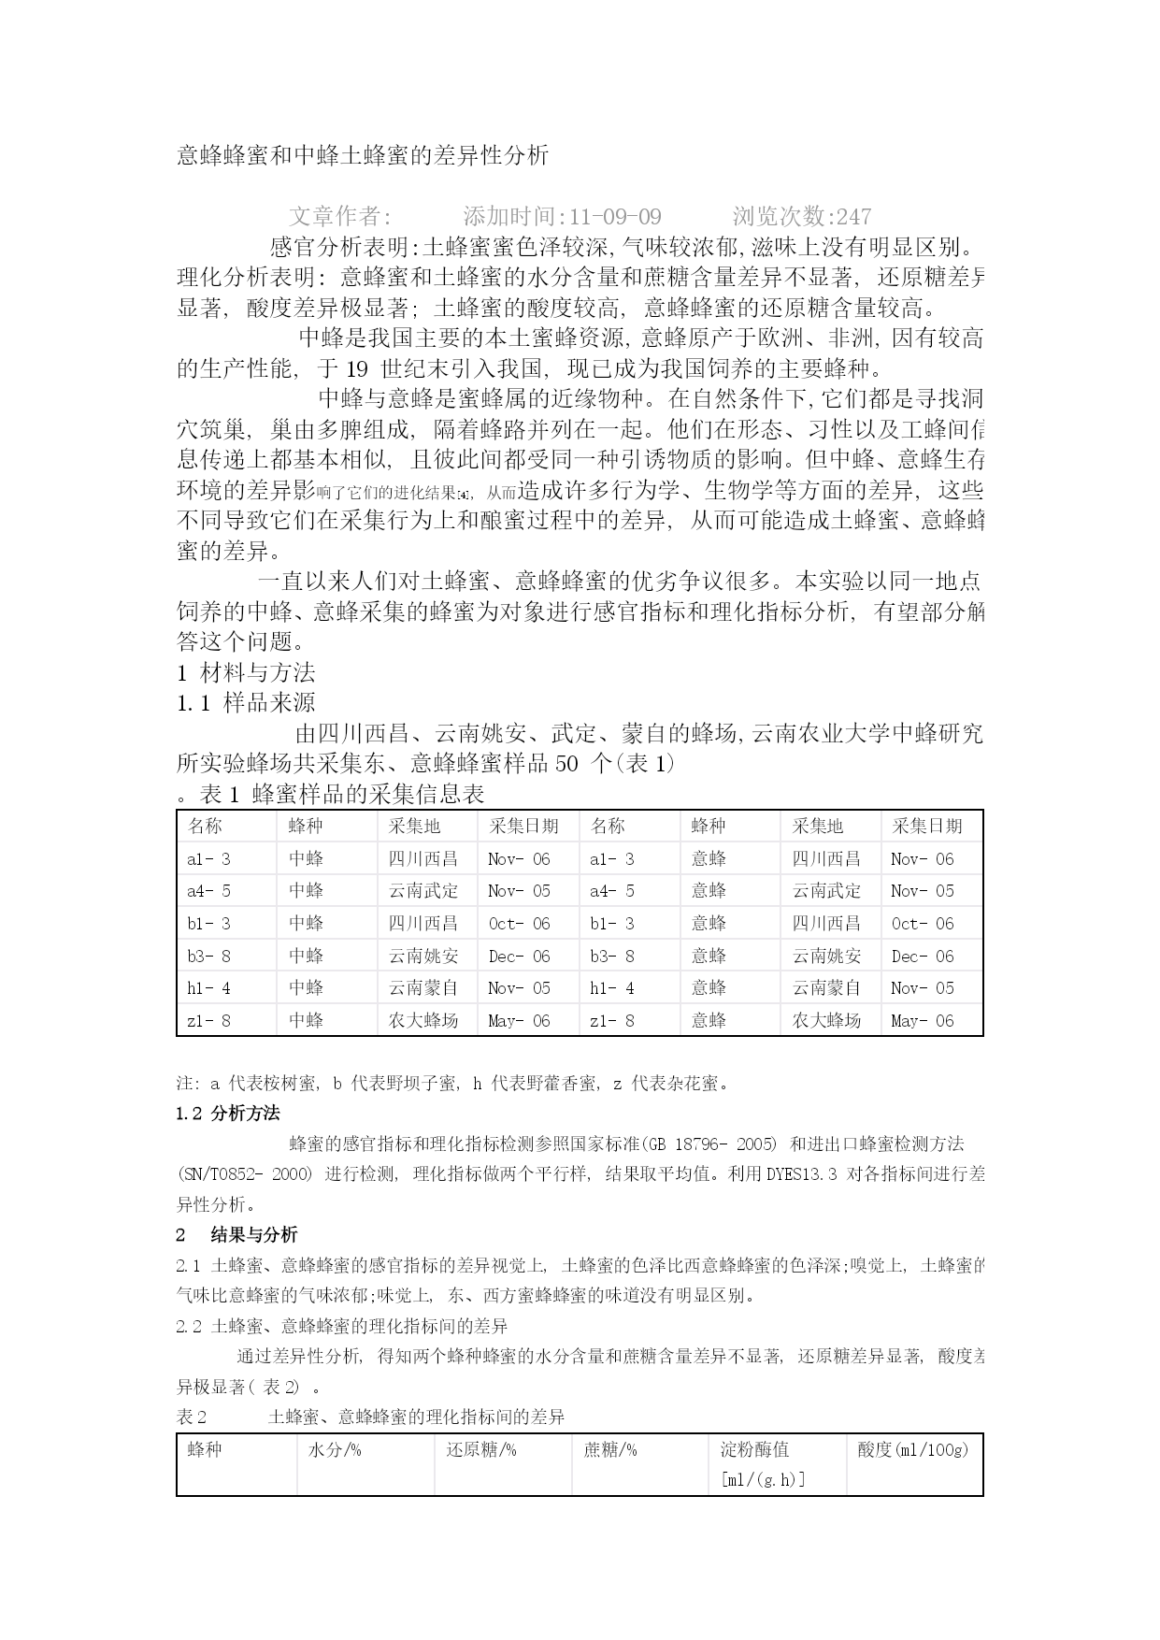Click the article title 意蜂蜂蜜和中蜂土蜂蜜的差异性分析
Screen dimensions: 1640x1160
pyautogui.click(x=363, y=155)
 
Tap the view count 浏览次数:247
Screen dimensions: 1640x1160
pyautogui.click(x=801, y=217)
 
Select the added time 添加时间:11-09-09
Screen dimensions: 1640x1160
pyautogui.click(x=562, y=217)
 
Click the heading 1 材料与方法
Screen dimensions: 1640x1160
pyautogui.click(x=246, y=672)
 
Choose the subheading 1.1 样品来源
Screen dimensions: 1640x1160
pyautogui.click(x=246, y=703)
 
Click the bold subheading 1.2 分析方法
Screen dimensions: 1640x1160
pyautogui.click(x=227, y=1114)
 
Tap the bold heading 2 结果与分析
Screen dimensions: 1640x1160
pyautogui.click(x=236, y=1235)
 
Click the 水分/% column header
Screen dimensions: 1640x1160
pyautogui.click(x=335, y=1450)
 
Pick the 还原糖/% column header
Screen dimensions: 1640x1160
pyautogui.click(x=480, y=1450)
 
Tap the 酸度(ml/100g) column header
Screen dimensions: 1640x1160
pyautogui.click(x=912, y=1450)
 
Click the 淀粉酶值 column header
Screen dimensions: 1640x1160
pyautogui.click(x=754, y=1450)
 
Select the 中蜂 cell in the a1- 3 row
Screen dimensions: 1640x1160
pyautogui.click(x=306, y=859)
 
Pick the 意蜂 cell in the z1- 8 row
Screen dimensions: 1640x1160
pyautogui.click(x=709, y=1021)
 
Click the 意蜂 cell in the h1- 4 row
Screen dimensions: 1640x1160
pyautogui.click(x=709, y=988)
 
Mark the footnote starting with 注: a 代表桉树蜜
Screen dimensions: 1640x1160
pyautogui.click(x=452, y=1084)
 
